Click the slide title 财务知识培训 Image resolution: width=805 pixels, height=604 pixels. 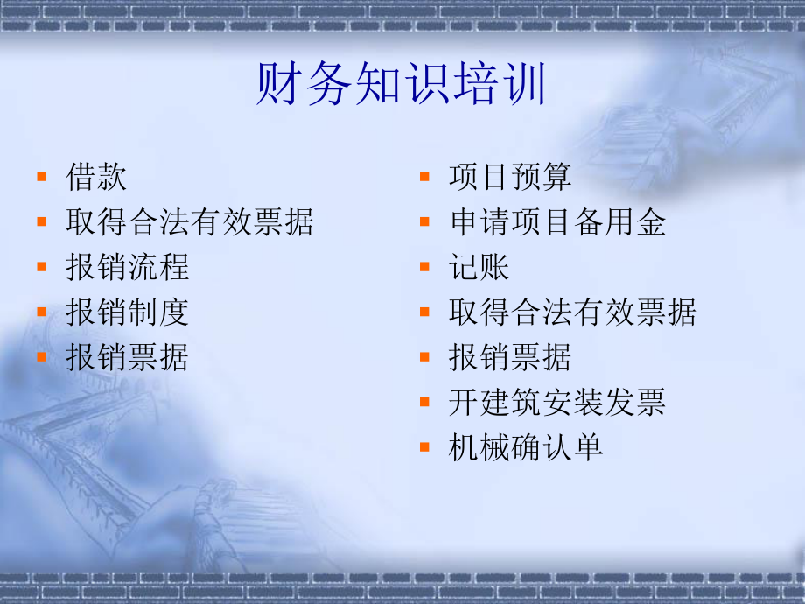[402, 87]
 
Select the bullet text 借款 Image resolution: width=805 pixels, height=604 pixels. [96, 178]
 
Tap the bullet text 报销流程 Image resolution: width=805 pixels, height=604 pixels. [127, 267]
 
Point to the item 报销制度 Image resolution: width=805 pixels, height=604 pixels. [127, 313]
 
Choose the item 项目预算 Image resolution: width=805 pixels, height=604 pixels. [510, 178]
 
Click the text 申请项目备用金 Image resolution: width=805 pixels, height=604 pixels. [557, 222]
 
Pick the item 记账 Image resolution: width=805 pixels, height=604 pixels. [479, 267]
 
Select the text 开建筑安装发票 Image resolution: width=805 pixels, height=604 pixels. [557, 402]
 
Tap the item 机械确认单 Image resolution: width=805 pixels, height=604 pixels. [526, 447]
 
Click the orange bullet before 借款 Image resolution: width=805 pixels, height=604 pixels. [42, 177]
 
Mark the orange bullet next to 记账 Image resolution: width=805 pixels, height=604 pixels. [424, 266]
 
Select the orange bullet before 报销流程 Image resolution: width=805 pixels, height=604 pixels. [42, 266]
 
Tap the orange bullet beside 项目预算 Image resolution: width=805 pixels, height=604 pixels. [424, 177]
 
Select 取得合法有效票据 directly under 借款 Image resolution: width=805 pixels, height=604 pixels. [189, 222]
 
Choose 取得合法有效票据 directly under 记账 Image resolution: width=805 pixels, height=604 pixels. [572, 313]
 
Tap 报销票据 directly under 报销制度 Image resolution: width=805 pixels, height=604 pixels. [127, 357]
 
